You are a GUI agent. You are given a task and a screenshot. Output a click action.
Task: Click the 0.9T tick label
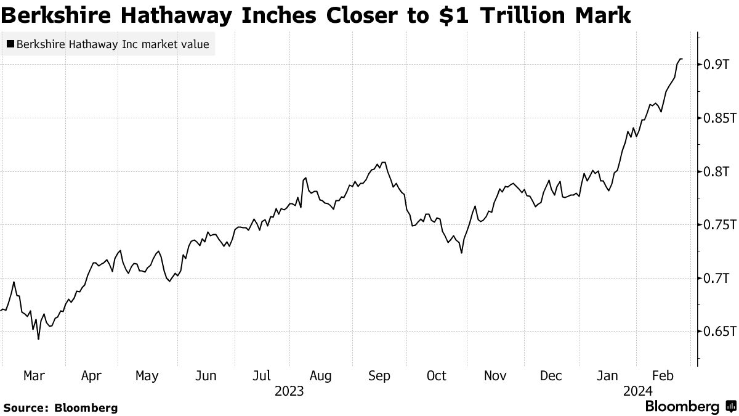coord(717,65)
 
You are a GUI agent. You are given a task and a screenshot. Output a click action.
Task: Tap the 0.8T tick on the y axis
coord(717,171)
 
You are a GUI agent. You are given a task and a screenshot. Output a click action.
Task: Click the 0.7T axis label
coord(717,278)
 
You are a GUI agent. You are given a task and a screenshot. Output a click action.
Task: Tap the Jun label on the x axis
coord(206,375)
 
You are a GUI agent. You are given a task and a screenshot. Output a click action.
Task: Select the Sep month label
coord(379,375)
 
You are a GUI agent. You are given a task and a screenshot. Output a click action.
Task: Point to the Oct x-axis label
coord(436,375)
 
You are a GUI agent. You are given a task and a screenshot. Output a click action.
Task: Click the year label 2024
coord(638,391)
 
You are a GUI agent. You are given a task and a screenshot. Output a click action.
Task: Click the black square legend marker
coord(10,44)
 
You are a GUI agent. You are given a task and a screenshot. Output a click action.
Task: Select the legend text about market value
coord(113,44)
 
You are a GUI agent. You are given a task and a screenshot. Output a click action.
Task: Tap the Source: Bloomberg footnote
coord(60,407)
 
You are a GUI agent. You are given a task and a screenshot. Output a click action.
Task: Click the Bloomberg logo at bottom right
coord(689,407)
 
